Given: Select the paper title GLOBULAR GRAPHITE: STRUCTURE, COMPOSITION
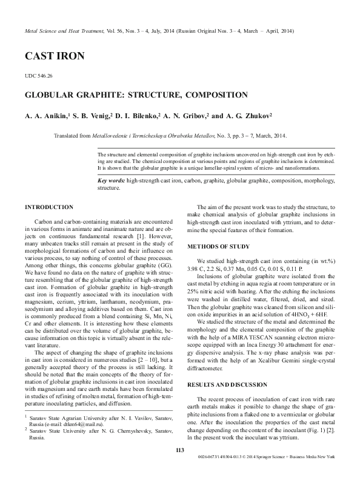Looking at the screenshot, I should [x=136, y=95].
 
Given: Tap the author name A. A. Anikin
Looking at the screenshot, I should [x=46, y=115].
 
